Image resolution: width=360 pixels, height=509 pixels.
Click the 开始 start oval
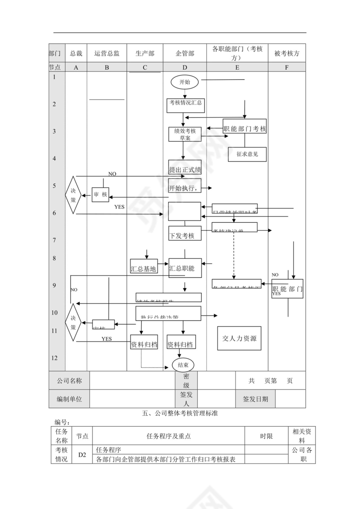pyautogui.click(x=185, y=82)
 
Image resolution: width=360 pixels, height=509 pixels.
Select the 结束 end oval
pyautogui.click(x=183, y=365)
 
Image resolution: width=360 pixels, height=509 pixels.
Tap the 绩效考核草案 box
pyautogui.click(x=185, y=134)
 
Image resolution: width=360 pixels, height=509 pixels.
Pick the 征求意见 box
pyautogui.click(x=247, y=154)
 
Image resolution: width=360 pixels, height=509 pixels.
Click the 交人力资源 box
pyautogui.click(x=239, y=338)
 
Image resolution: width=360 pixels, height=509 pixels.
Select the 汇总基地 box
pyautogui.click(x=144, y=268)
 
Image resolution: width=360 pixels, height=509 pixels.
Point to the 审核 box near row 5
pyautogui.click(x=100, y=195)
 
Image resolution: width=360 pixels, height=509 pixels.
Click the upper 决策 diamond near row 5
pyautogui.click(x=73, y=195)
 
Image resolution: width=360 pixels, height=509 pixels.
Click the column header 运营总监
pyautogui.click(x=107, y=53)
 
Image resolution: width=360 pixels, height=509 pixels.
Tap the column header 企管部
pyautogui.click(x=185, y=53)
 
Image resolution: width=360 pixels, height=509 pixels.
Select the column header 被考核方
pyautogui.click(x=287, y=53)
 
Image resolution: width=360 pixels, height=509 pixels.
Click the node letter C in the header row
pyautogui.click(x=144, y=67)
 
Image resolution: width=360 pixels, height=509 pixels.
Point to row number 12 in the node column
pyautogui.click(x=54, y=358)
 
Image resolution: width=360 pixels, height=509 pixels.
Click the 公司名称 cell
pyautogui.click(x=69, y=381)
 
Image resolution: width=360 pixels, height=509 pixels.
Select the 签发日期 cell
pyautogui.click(x=255, y=399)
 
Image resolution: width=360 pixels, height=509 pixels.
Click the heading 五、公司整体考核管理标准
pyautogui.click(x=180, y=414)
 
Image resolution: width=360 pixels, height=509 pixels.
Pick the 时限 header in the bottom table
pyautogui.click(x=266, y=437)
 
